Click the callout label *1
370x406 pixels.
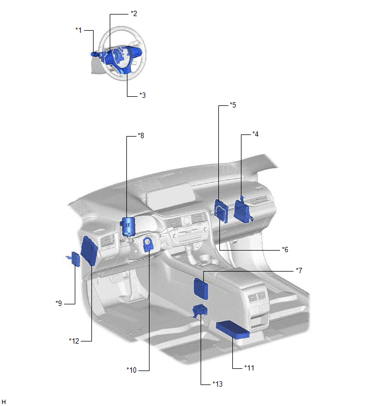click(79, 30)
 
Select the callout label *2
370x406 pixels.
click(134, 13)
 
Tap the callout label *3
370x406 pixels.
click(143, 95)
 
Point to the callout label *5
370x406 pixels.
click(233, 105)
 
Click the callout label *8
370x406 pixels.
click(141, 136)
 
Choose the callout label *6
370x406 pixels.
click(285, 250)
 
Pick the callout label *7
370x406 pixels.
click(299, 270)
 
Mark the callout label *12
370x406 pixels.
click(74, 341)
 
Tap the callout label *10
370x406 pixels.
click(132, 370)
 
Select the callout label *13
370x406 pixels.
click(217, 384)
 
